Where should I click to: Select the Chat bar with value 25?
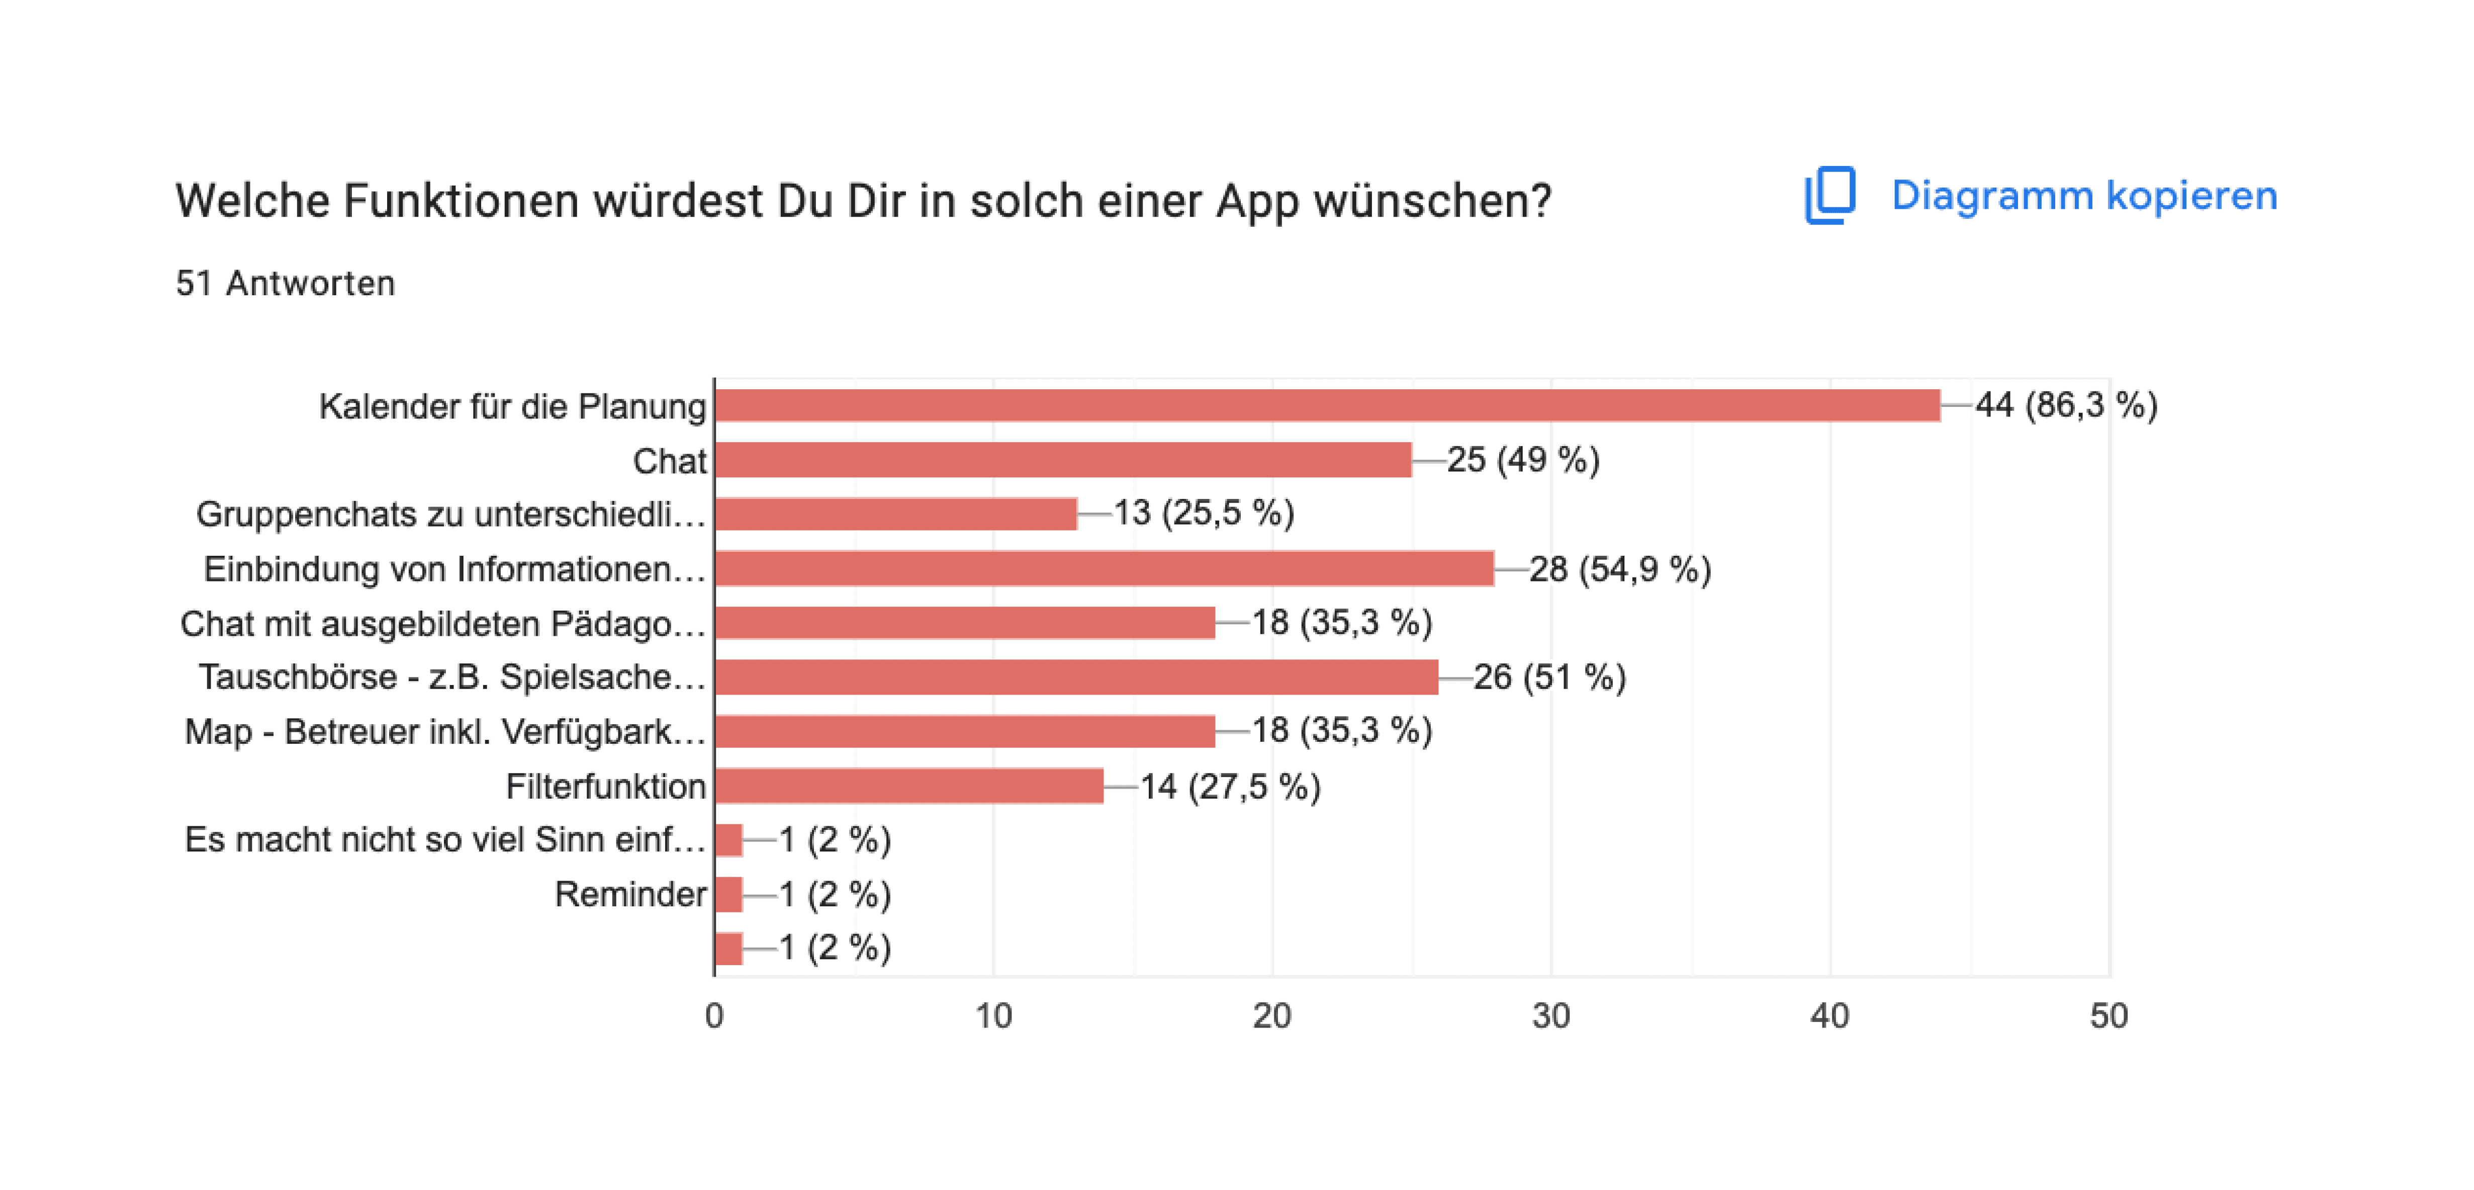[x=1063, y=460]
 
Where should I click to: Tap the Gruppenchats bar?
[x=896, y=514]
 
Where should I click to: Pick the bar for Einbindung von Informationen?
[x=1105, y=568]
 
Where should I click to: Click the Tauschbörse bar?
[x=1076, y=677]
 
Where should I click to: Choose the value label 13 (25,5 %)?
[x=1204, y=513]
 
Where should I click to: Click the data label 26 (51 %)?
[x=1549, y=677]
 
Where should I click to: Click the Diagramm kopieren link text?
[x=2084, y=196]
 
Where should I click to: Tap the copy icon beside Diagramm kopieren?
[x=1829, y=196]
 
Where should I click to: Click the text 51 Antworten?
[x=285, y=283]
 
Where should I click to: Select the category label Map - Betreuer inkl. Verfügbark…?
[x=444, y=732]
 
